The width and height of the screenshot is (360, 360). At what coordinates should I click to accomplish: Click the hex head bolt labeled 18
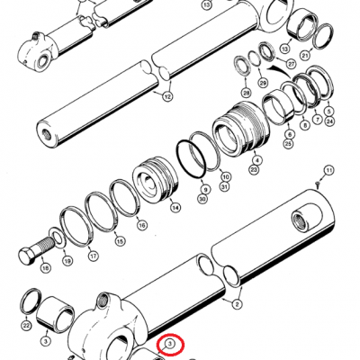(36, 249)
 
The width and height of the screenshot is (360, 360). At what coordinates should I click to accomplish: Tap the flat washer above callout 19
(58, 237)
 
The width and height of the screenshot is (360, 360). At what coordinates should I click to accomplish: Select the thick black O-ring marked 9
(191, 158)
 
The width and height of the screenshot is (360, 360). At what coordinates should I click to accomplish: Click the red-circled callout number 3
(170, 344)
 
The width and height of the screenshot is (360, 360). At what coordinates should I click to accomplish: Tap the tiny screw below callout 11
(318, 184)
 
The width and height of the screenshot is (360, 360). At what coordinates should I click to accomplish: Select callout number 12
(167, 97)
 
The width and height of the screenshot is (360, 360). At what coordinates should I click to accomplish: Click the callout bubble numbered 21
(305, 55)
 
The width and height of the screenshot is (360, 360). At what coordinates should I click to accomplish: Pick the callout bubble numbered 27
(291, 63)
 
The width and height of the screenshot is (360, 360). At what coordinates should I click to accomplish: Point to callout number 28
(247, 93)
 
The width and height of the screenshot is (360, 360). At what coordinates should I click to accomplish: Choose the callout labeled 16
(142, 225)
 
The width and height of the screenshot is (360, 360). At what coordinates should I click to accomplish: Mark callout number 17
(93, 256)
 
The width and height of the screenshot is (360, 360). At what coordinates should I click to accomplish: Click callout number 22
(27, 326)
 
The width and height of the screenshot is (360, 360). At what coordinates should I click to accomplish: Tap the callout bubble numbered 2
(237, 304)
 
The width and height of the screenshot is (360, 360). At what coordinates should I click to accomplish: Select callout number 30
(202, 198)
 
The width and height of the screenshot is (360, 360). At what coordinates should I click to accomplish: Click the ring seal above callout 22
(31, 301)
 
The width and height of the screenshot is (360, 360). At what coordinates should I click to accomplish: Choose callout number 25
(289, 144)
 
